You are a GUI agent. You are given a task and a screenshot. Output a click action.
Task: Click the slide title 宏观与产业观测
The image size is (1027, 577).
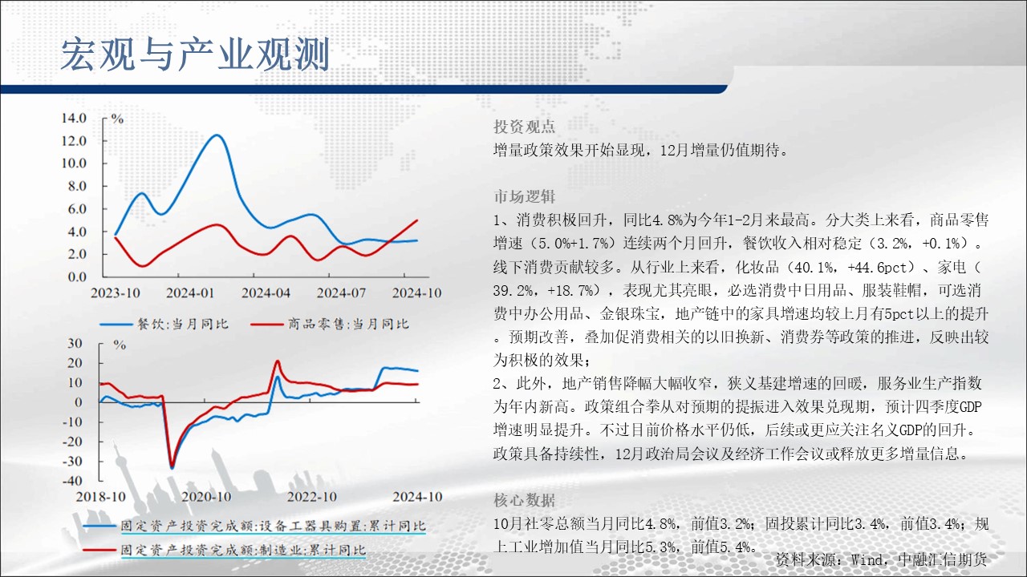point(195,54)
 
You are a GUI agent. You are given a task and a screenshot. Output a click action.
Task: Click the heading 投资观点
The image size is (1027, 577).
point(524,127)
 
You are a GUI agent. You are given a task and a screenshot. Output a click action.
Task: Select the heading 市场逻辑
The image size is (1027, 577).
point(524,196)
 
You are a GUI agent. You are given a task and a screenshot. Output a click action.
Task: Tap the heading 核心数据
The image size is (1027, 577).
point(524,500)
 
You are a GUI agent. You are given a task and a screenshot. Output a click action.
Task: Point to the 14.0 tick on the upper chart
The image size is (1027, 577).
point(75,118)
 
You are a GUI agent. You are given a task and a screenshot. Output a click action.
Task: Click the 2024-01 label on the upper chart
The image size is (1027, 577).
point(190,293)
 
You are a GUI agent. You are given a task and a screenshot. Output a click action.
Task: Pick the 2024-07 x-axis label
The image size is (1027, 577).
point(341,293)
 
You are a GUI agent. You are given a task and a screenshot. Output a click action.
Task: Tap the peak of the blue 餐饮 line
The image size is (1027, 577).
point(217,135)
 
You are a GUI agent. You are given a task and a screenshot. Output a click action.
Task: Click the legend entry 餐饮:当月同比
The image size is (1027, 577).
point(164,325)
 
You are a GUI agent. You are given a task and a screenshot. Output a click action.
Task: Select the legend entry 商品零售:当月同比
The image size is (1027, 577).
point(330,325)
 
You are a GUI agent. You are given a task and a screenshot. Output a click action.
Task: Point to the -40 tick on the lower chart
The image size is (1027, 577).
point(72,481)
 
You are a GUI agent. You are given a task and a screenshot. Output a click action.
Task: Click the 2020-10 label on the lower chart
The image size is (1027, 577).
point(206,497)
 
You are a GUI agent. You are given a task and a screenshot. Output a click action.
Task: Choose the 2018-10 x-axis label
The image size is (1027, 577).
point(101,497)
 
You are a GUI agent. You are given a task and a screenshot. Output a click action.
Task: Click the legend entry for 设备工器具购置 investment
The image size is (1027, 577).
point(255,527)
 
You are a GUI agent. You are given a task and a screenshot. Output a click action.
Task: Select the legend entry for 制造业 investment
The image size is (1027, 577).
point(225,550)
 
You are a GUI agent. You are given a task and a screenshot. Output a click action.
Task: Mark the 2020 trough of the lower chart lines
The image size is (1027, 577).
point(172,467)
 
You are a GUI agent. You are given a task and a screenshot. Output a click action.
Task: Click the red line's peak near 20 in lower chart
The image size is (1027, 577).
point(278,361)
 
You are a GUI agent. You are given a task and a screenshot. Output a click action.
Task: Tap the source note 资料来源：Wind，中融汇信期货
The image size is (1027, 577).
point(881,559)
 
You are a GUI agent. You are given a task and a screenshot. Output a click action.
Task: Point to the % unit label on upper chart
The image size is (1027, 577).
point(118,119)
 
